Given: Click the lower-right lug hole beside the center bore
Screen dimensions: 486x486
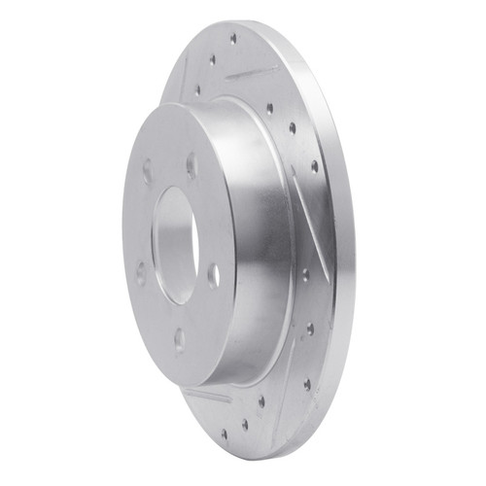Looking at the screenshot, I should (213, 275).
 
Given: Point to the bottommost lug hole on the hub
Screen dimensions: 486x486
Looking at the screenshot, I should (179, 339).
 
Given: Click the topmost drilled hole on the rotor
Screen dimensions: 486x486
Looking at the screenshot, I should (232, 40).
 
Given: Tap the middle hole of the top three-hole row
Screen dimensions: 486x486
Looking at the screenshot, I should (212, 61).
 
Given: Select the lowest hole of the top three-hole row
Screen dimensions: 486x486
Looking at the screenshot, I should (197, 89).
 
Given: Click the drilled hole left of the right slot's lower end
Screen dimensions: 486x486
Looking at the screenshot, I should (304, 276).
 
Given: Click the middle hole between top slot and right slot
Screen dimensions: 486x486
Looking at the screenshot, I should (293, 127).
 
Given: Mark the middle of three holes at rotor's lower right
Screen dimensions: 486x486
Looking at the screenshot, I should (310, 330).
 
